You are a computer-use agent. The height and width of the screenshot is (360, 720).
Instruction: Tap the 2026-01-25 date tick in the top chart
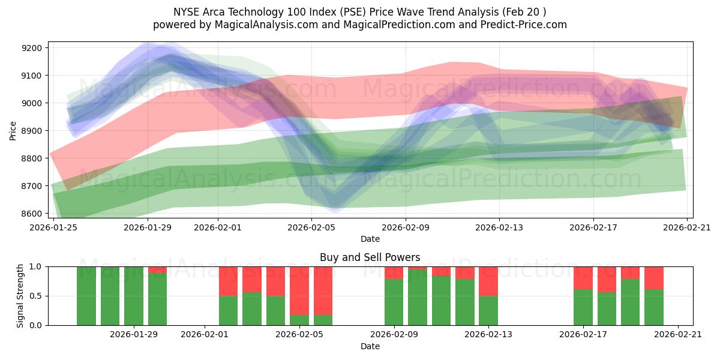pyautogui.click(x=54, y=227)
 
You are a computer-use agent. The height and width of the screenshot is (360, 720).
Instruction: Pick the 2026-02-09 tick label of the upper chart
pyautogui.click(x=406, y=227)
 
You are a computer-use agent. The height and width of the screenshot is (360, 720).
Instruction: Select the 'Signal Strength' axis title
pyautogui.click(x=20, y=296)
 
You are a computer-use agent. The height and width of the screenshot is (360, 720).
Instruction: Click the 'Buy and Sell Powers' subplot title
pyautogui.click(x=370, y=257)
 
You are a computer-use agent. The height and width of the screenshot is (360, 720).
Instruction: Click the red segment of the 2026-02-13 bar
pyautogui.click(x=488, y=281)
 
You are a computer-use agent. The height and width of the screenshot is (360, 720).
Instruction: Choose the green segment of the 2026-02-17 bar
pyautogui.click(x=583, y=307)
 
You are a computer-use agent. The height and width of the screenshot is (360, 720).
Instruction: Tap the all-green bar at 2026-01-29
pyautogui.click(x=134, y=296)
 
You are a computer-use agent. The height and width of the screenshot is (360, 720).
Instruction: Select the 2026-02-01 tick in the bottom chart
pyautogui.click(x=205, y=334)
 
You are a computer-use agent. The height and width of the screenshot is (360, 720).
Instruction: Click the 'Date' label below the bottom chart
pyautogui.click(x=370, y=346)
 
